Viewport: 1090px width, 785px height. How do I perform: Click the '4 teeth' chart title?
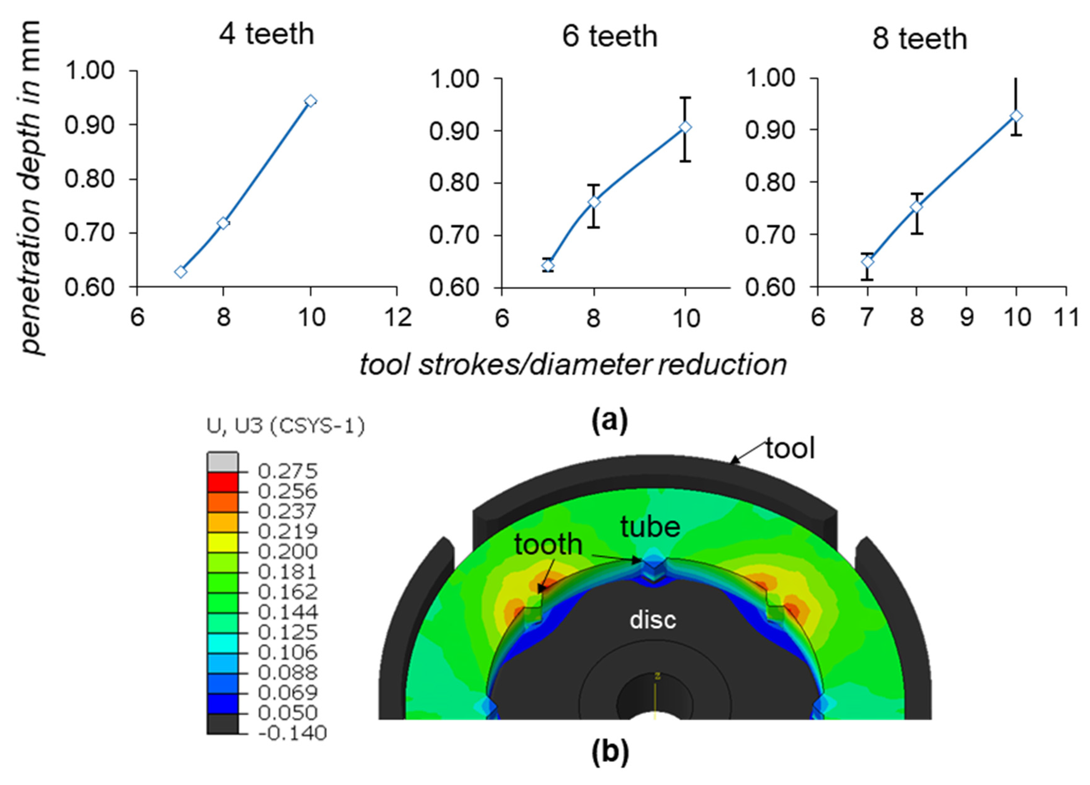coord(266,35)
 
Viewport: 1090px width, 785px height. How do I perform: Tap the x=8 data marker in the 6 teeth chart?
coord(594,202)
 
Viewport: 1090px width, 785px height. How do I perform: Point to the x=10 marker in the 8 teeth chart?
coord(1016,116)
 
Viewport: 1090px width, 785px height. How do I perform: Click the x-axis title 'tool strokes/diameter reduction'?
coord(573,365)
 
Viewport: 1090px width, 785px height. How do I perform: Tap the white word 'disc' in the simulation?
coord(653,620)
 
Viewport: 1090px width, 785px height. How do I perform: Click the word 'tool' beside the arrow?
coord(790,449)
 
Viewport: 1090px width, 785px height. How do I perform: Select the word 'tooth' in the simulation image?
coord(548,545)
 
